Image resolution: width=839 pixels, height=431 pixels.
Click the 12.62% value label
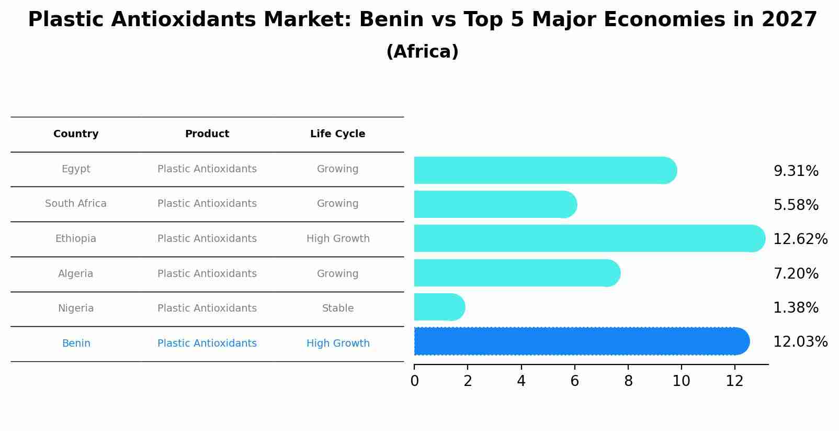pos(800,239)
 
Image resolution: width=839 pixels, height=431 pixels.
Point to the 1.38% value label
pos(796,308)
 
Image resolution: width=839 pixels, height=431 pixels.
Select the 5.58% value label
pos(796,205)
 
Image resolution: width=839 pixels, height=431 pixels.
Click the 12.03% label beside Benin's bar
pos(800,342)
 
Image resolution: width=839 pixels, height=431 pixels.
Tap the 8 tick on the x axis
pos(628,381)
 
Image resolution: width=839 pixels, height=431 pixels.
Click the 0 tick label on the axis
pos(415,381)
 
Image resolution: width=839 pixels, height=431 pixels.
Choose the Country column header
pos(76,134)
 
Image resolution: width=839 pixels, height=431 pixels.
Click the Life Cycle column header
pos(337,134)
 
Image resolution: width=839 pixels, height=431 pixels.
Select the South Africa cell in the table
pos(76,204)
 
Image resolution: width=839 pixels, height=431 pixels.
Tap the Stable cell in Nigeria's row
pos(337,308)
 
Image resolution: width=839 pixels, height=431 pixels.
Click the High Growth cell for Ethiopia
pos(337,239)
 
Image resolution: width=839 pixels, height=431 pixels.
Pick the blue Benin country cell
pos(76,344)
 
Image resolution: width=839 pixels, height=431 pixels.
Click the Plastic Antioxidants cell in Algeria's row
pos(207,274)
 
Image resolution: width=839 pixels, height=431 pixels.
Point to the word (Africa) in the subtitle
pos(422,52)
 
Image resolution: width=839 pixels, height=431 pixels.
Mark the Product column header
pos(207,134)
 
